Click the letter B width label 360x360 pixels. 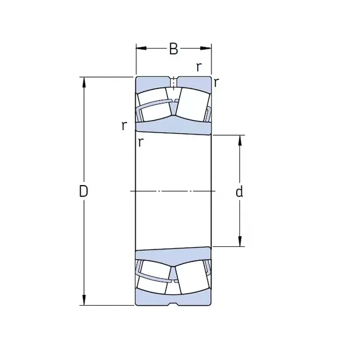click(173, 49)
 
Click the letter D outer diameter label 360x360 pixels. click(83, 191)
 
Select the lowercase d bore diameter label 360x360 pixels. click(239, 192)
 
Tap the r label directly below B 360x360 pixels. click(199, 67)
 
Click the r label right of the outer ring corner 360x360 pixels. click(216, 83)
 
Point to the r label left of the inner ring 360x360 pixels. click(124, 126)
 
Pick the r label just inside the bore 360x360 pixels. click(140, 142)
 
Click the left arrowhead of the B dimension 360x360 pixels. click(141, 48)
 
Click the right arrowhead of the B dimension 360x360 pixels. click(206, 48)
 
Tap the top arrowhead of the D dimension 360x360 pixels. click(84, 82)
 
